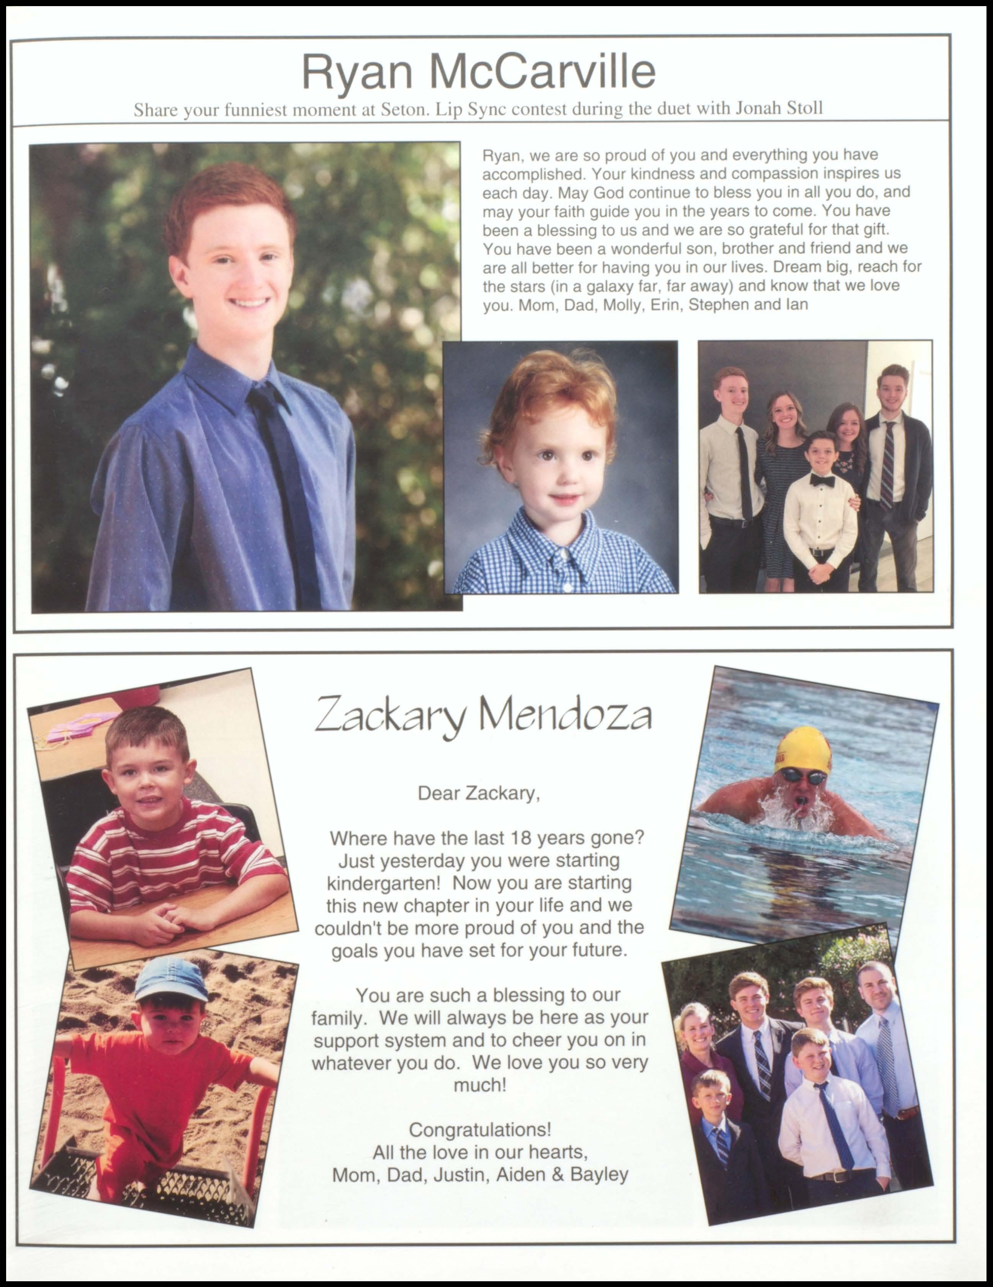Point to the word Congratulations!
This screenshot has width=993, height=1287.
tap(480, 1130)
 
